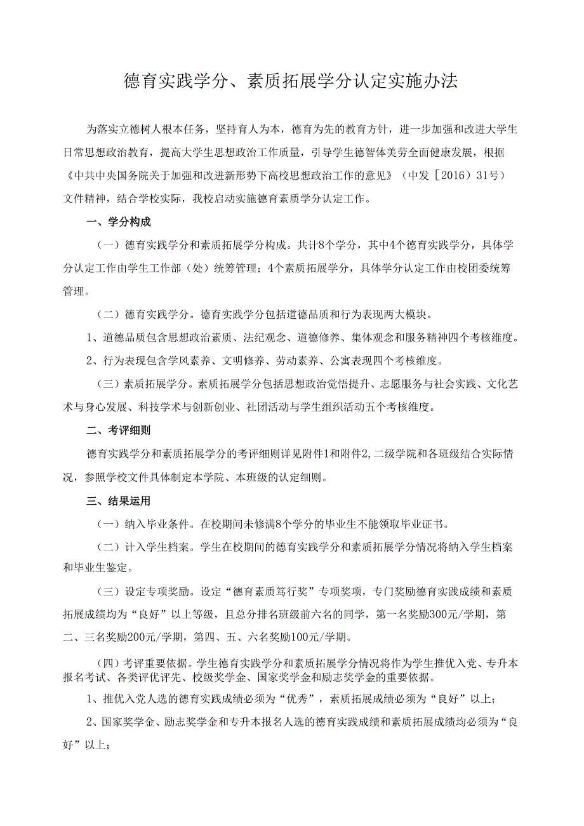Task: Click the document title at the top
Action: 291,82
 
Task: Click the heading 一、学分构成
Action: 119,222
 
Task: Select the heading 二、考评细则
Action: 119,430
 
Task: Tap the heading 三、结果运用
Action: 119,502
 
